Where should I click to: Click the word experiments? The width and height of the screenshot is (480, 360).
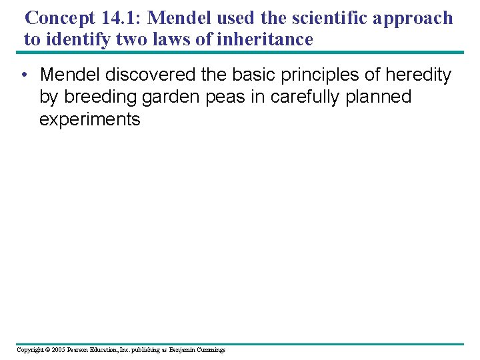[x=90, y=120]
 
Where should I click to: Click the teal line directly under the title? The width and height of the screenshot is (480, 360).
[x=240, y=52]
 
